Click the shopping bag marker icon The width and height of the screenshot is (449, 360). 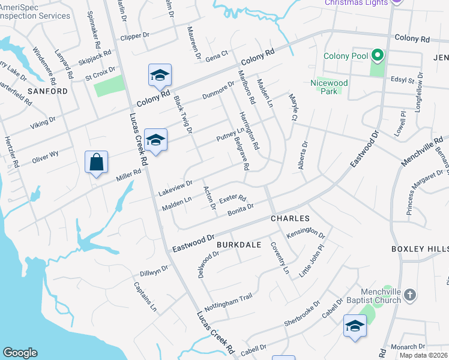point(96,162)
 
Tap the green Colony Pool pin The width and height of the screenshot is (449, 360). point(377,56)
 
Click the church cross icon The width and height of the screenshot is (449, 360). point(410,295)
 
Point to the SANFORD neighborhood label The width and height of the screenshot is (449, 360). point(48,91)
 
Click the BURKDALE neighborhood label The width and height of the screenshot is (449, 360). point(238,245)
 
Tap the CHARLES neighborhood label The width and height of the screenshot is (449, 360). point(290,218)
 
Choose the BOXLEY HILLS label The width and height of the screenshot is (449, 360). point(420,248)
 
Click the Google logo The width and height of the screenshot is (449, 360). point(20,353)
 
